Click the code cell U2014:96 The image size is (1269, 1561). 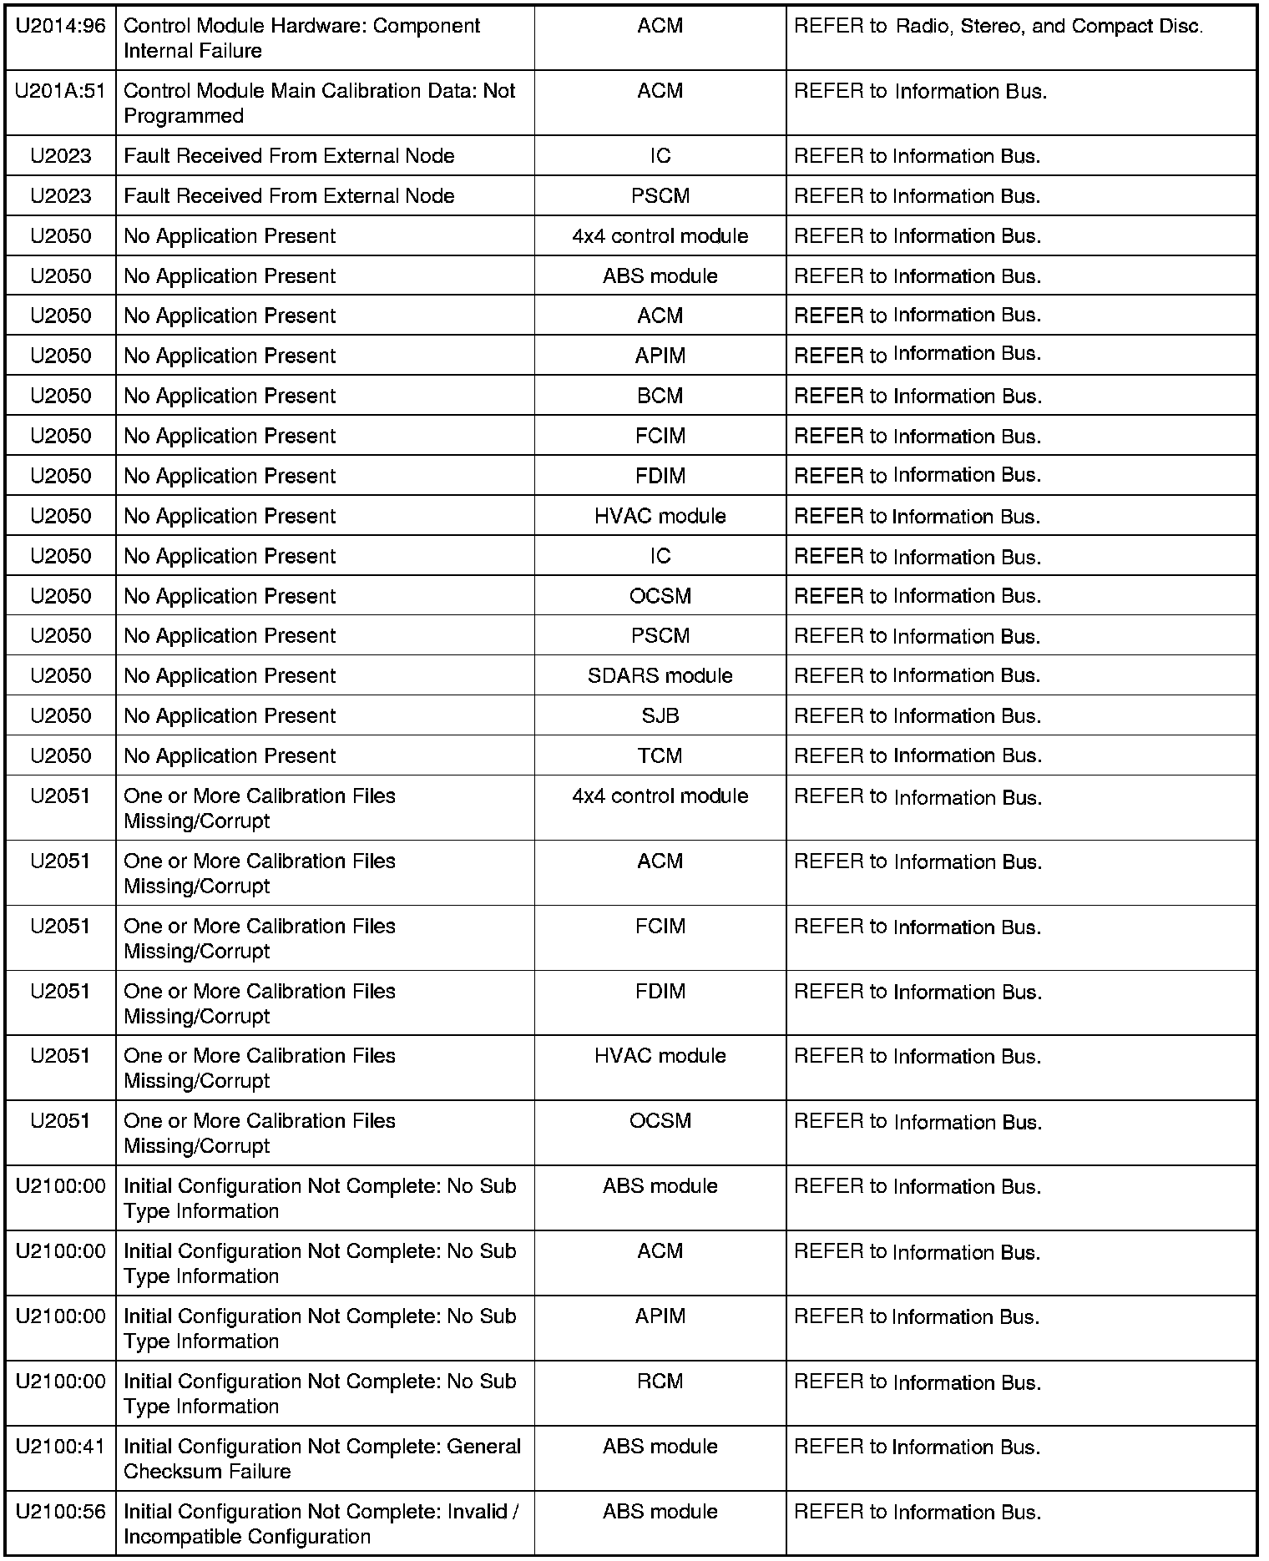point(61,26)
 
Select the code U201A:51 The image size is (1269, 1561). point(61,91)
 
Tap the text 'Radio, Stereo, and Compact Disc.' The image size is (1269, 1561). point(1049,26)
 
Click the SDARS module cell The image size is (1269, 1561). point(660,675)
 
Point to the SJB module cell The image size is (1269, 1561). point(660,715)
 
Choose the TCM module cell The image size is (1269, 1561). point(660,755)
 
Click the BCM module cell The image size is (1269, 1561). point(660,396)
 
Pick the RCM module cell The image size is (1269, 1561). point(660,1382)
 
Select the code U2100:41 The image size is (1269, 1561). point(61,1447)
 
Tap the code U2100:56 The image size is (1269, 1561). point(61,1512)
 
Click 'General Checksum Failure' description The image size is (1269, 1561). point(322,1458)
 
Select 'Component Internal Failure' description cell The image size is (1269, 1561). point(302,38)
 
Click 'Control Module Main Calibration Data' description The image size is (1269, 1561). point(320,103)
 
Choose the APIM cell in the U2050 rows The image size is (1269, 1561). point(660,356)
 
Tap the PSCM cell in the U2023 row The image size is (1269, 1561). point(660,196)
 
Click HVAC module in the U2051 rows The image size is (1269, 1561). point(660,1056)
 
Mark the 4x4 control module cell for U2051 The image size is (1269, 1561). point(660,796)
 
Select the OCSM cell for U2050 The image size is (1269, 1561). point(660,596)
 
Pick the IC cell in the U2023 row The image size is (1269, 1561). point(660,156)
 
